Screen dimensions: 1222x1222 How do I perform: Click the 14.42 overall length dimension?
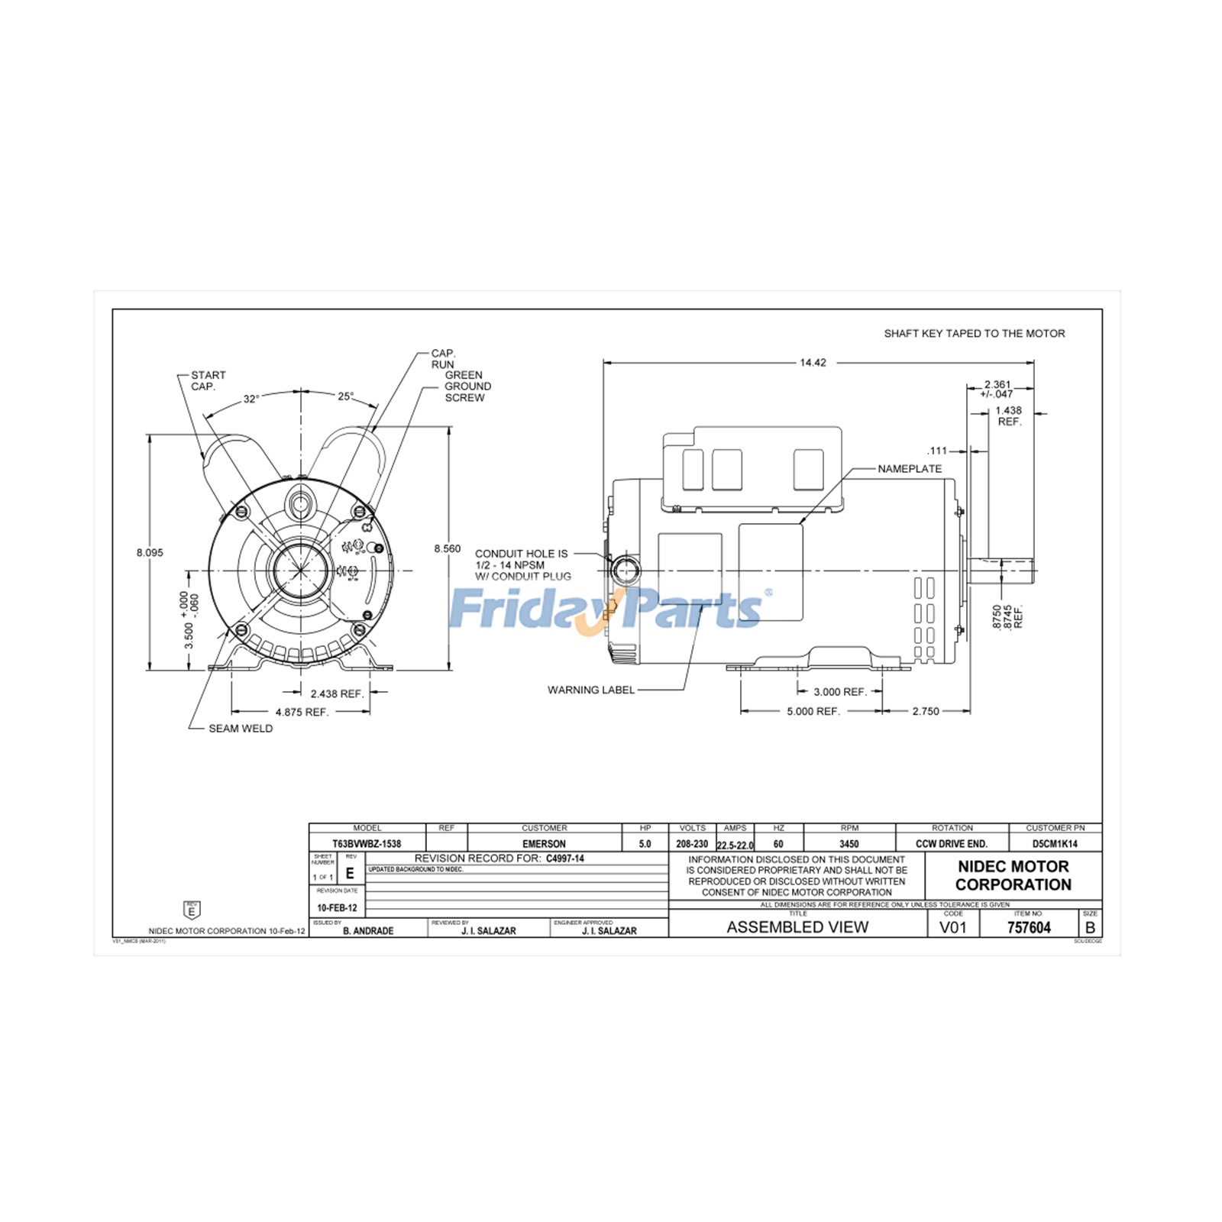pyautogui.click(x=813, y=363)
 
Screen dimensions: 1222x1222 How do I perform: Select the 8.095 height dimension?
pyautogui.click(x=150, y=552)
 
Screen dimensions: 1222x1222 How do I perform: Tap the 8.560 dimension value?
pyautogui.click(x=448, y=548)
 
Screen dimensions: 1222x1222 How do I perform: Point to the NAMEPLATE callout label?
pyautogui.click(x=910, y=469)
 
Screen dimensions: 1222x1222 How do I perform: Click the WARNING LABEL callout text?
pyautogui.click(x=590, y=690)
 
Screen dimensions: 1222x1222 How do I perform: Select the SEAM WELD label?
pyautogui.click(x=241, y=729)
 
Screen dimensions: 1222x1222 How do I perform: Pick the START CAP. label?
pyautogui.click(x=208, y=380)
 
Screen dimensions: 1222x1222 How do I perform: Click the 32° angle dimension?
pyautogui.click(x=251, y=399)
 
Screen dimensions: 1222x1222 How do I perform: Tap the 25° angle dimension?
pyautogui.click(x=346, y=396)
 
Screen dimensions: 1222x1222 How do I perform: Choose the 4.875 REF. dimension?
pyautogui.click(x=302, y=712)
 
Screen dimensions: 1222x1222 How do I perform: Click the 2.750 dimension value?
pyautogui.click(x=926, y=711)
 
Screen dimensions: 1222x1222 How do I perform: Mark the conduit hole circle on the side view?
pyautogui.click(x=626, y=570)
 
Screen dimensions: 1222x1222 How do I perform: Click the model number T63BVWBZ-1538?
pyautogui.click(x=367, y=844)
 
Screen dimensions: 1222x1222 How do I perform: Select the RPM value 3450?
pyautogui.click(x=849, y=844)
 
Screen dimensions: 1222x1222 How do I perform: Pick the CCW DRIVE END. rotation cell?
pyautogui.click(x=952, y=844)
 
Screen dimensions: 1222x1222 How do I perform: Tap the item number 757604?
pyautogui.click(x=1029, y=927)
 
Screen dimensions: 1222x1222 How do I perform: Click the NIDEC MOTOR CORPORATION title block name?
pyautogui.click(x=1013, y=875)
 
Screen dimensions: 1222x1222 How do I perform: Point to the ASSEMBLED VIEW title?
pyautogui.click(x=797, y=927)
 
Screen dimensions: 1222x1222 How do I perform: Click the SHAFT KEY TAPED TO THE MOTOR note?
pyautogui.click(x=974, y=334)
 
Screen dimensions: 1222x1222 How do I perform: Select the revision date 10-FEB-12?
pyautogui.click(x=337, y=908)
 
